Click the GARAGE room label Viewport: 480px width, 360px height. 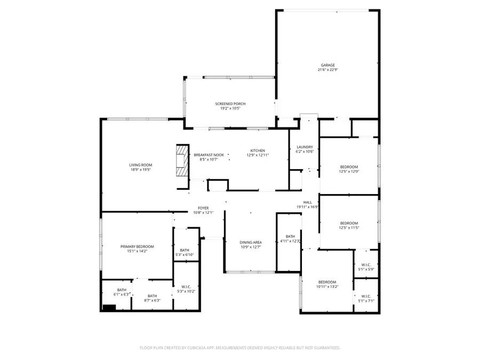tap(327, 65)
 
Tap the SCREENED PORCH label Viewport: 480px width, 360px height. tap(230, 103)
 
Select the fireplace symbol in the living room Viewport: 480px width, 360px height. tap(183, 159)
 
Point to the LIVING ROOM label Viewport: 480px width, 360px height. tap(140, 165)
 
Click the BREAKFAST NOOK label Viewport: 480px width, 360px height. tap(209, 155)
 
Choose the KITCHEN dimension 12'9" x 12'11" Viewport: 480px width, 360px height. tap(258, 155)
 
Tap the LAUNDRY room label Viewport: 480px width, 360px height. tap(305, 147)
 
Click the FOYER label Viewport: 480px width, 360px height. tap(203, 208)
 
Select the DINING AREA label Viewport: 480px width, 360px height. tap(250, 242)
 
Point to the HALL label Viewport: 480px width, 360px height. tap(308, 202)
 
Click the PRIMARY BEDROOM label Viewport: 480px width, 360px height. tap(137, 246)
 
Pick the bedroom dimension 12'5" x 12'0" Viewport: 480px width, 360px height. tap(349, 172)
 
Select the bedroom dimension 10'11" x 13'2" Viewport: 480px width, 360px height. tap(327, 286)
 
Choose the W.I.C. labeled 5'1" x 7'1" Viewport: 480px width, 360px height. tap(366, 300)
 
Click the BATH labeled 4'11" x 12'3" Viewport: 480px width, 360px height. tap(290, 241)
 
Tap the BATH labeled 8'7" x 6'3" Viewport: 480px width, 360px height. tap(152, 300)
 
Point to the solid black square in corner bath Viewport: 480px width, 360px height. tap(109, 307)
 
